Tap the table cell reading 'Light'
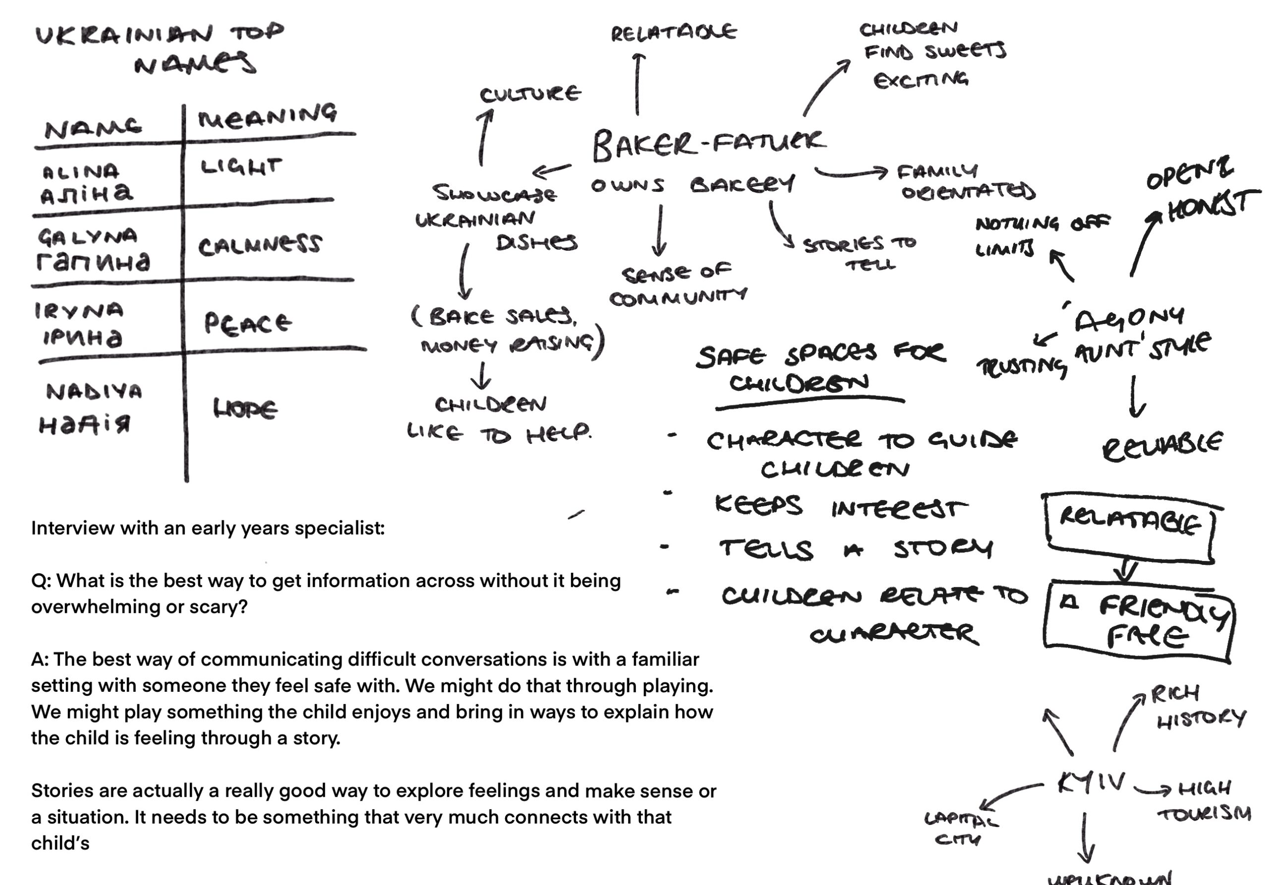coord(241,166)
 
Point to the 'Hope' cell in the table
coord(245,409)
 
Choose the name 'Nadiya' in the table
coord(94,391)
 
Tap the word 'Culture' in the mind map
coord(530,95)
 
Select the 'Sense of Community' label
coord(678,284)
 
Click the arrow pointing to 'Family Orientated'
coord(851,173)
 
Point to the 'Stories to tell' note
coord(860,254)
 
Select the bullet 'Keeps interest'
coord(840,507)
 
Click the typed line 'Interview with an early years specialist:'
coord(208,529)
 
